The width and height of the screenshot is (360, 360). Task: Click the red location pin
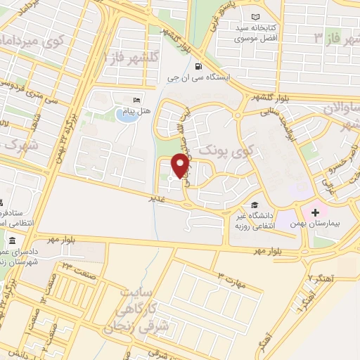[x=181, y=165]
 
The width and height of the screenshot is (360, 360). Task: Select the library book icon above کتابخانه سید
[x=255, y=16]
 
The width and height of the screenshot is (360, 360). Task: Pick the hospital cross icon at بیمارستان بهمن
[x=314, y=211]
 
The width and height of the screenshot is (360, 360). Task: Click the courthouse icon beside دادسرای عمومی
[x=13, y=242]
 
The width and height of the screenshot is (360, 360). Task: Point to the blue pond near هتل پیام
[x=127, y=115]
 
